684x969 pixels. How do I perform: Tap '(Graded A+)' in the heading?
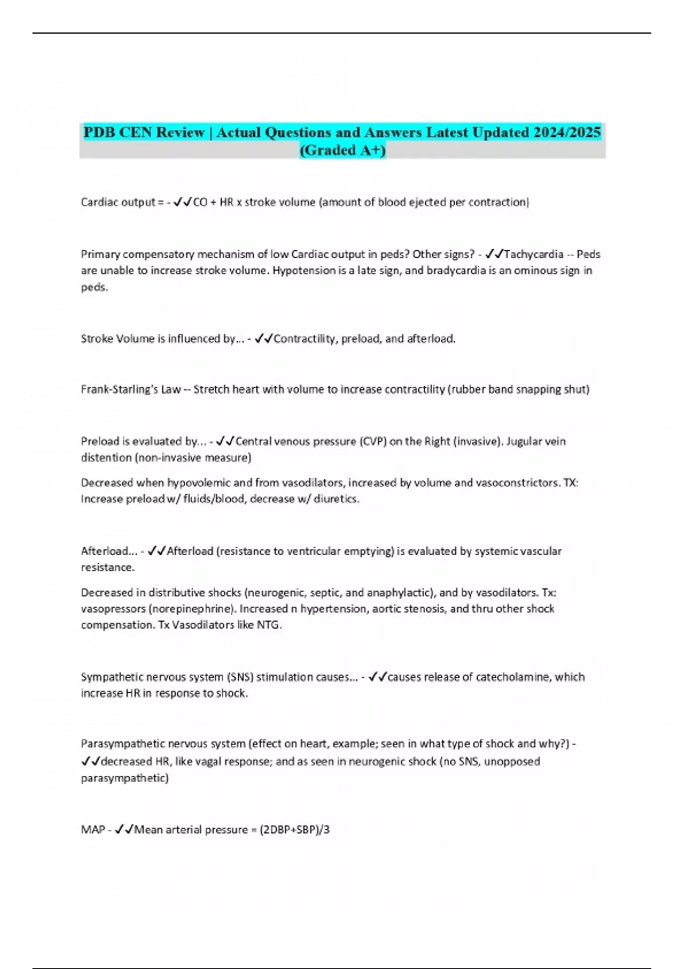coord(342,150)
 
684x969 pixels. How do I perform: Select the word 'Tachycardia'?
coord(534,254)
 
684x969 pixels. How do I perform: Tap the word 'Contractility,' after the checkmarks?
coord(306,339)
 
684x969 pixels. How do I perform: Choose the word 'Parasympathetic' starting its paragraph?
coord(118,744)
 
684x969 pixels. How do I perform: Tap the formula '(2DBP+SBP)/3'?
coord(295,830)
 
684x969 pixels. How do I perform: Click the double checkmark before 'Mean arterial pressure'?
coord(124,830)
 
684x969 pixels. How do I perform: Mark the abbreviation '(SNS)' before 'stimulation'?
coord(240,677)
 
